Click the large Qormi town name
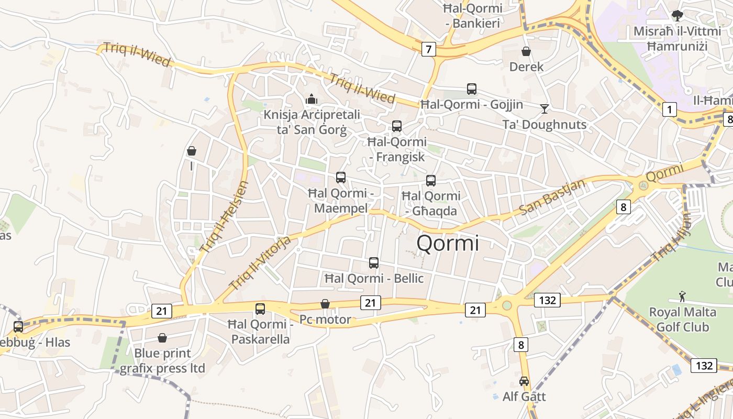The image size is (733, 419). (x=448, y=244)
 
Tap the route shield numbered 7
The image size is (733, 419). (x=429, y=50)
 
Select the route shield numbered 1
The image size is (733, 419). (x=669, y=109)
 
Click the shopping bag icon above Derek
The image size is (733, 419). (x=526, y=51)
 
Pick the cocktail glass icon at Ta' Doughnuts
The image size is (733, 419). (x=545, y=108)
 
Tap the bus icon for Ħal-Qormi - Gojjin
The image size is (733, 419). (x=472, y=89)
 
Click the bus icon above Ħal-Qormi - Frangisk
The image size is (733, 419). (x=397, y=126)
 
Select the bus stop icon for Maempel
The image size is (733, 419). (x=341, y=178)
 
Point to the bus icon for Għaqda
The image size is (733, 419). (x=431, y=181)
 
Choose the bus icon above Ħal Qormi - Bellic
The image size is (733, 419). (x=374, y=263)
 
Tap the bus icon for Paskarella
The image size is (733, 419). (x=260, y=309)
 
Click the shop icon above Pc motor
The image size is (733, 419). (x=325, y=304)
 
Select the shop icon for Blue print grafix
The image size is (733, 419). (x=162, y=338)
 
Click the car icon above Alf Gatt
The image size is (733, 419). (x=524, y=381)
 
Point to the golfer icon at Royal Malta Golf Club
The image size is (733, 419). (x=682, y=297)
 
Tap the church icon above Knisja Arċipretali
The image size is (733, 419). (x=312, y=98)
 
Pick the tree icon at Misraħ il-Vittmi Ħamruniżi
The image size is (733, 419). (x=677, y=16)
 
